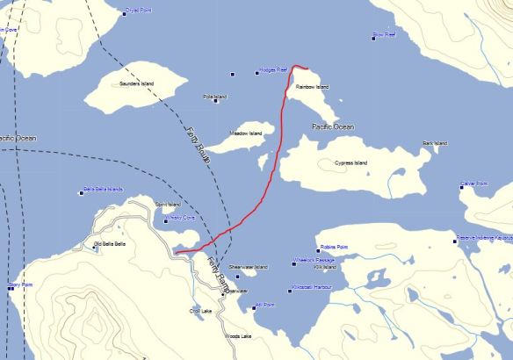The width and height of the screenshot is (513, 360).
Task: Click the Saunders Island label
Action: tap(136, 83)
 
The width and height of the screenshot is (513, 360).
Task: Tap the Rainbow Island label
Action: tap(312, 87)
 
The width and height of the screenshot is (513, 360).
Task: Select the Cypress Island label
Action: tap(350, 163)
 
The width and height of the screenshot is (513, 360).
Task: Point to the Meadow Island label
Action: tap(246, 133)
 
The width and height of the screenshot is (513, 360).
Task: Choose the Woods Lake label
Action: tap(238, 335)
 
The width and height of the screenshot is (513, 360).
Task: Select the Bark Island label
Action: tap(435, 143)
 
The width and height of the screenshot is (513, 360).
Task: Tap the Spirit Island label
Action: tap(168, 205)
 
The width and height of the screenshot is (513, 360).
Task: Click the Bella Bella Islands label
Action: tap(103, 189)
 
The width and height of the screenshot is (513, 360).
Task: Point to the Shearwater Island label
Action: tap(248, 266)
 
